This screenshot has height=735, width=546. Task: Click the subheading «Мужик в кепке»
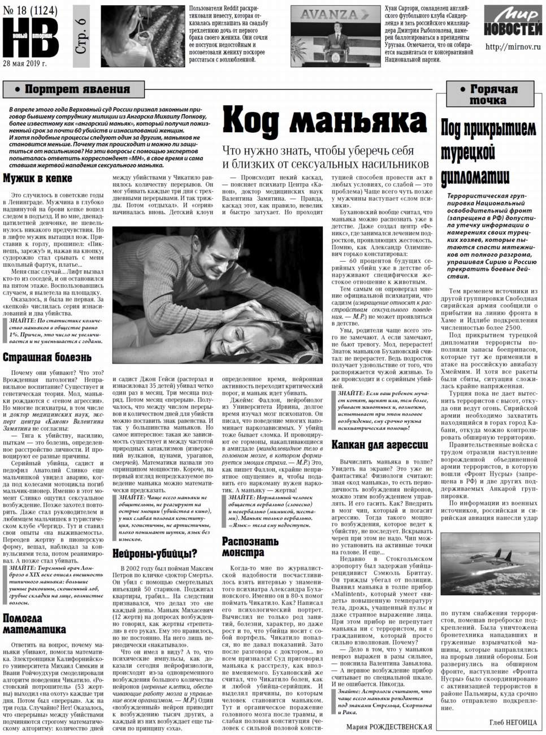point(37,179)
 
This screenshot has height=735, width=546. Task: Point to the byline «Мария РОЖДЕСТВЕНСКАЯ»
point(388,727)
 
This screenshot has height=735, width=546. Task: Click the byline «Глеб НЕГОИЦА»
point(513,722)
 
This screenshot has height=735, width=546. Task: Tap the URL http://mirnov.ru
point(512,47)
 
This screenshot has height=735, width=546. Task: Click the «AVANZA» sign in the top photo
point(328,15)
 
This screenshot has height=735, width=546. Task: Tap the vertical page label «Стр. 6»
point(81,36)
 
